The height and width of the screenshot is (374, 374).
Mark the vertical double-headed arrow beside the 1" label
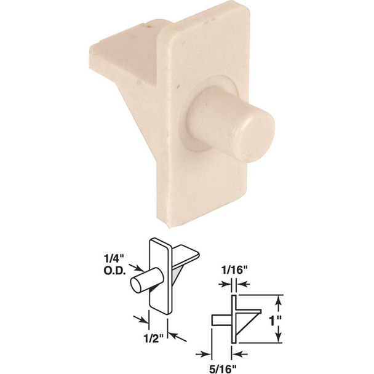coord(280,320)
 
